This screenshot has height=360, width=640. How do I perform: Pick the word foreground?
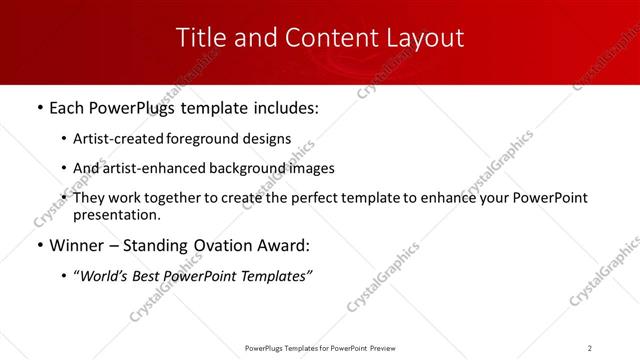coord(206,140)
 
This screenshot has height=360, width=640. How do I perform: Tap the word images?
coord(310,168)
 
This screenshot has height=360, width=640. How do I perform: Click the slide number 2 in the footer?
coord(590,348)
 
